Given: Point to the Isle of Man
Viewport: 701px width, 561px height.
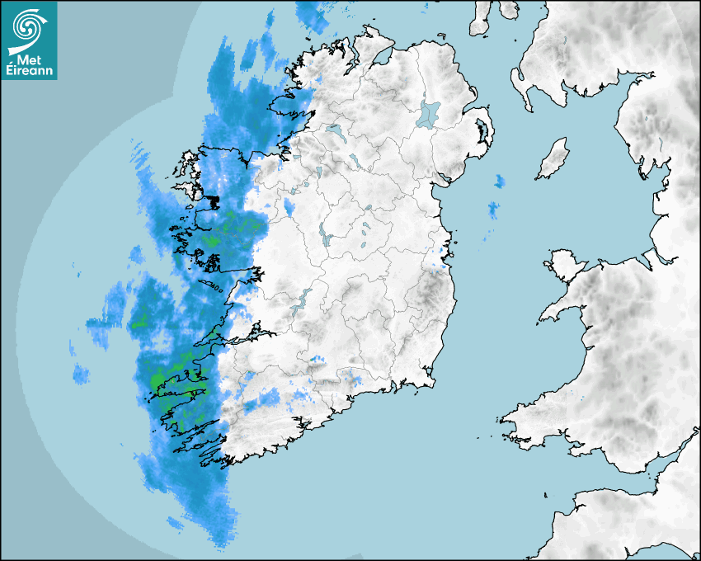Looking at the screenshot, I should tap(553, 159).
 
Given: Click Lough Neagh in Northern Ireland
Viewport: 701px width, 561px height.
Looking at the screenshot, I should tap(429, 113).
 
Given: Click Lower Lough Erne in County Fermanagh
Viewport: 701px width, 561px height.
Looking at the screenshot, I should tap(334, 130).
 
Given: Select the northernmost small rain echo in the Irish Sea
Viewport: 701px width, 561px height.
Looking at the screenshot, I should tap(499, 181).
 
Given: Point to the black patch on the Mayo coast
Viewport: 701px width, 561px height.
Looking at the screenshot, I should tap(213, 200).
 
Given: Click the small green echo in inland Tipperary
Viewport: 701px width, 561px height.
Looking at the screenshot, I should tap(313, 359).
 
